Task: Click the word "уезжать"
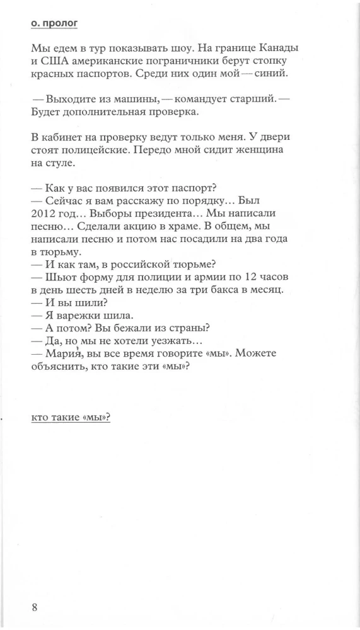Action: [x=169, y=341]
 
